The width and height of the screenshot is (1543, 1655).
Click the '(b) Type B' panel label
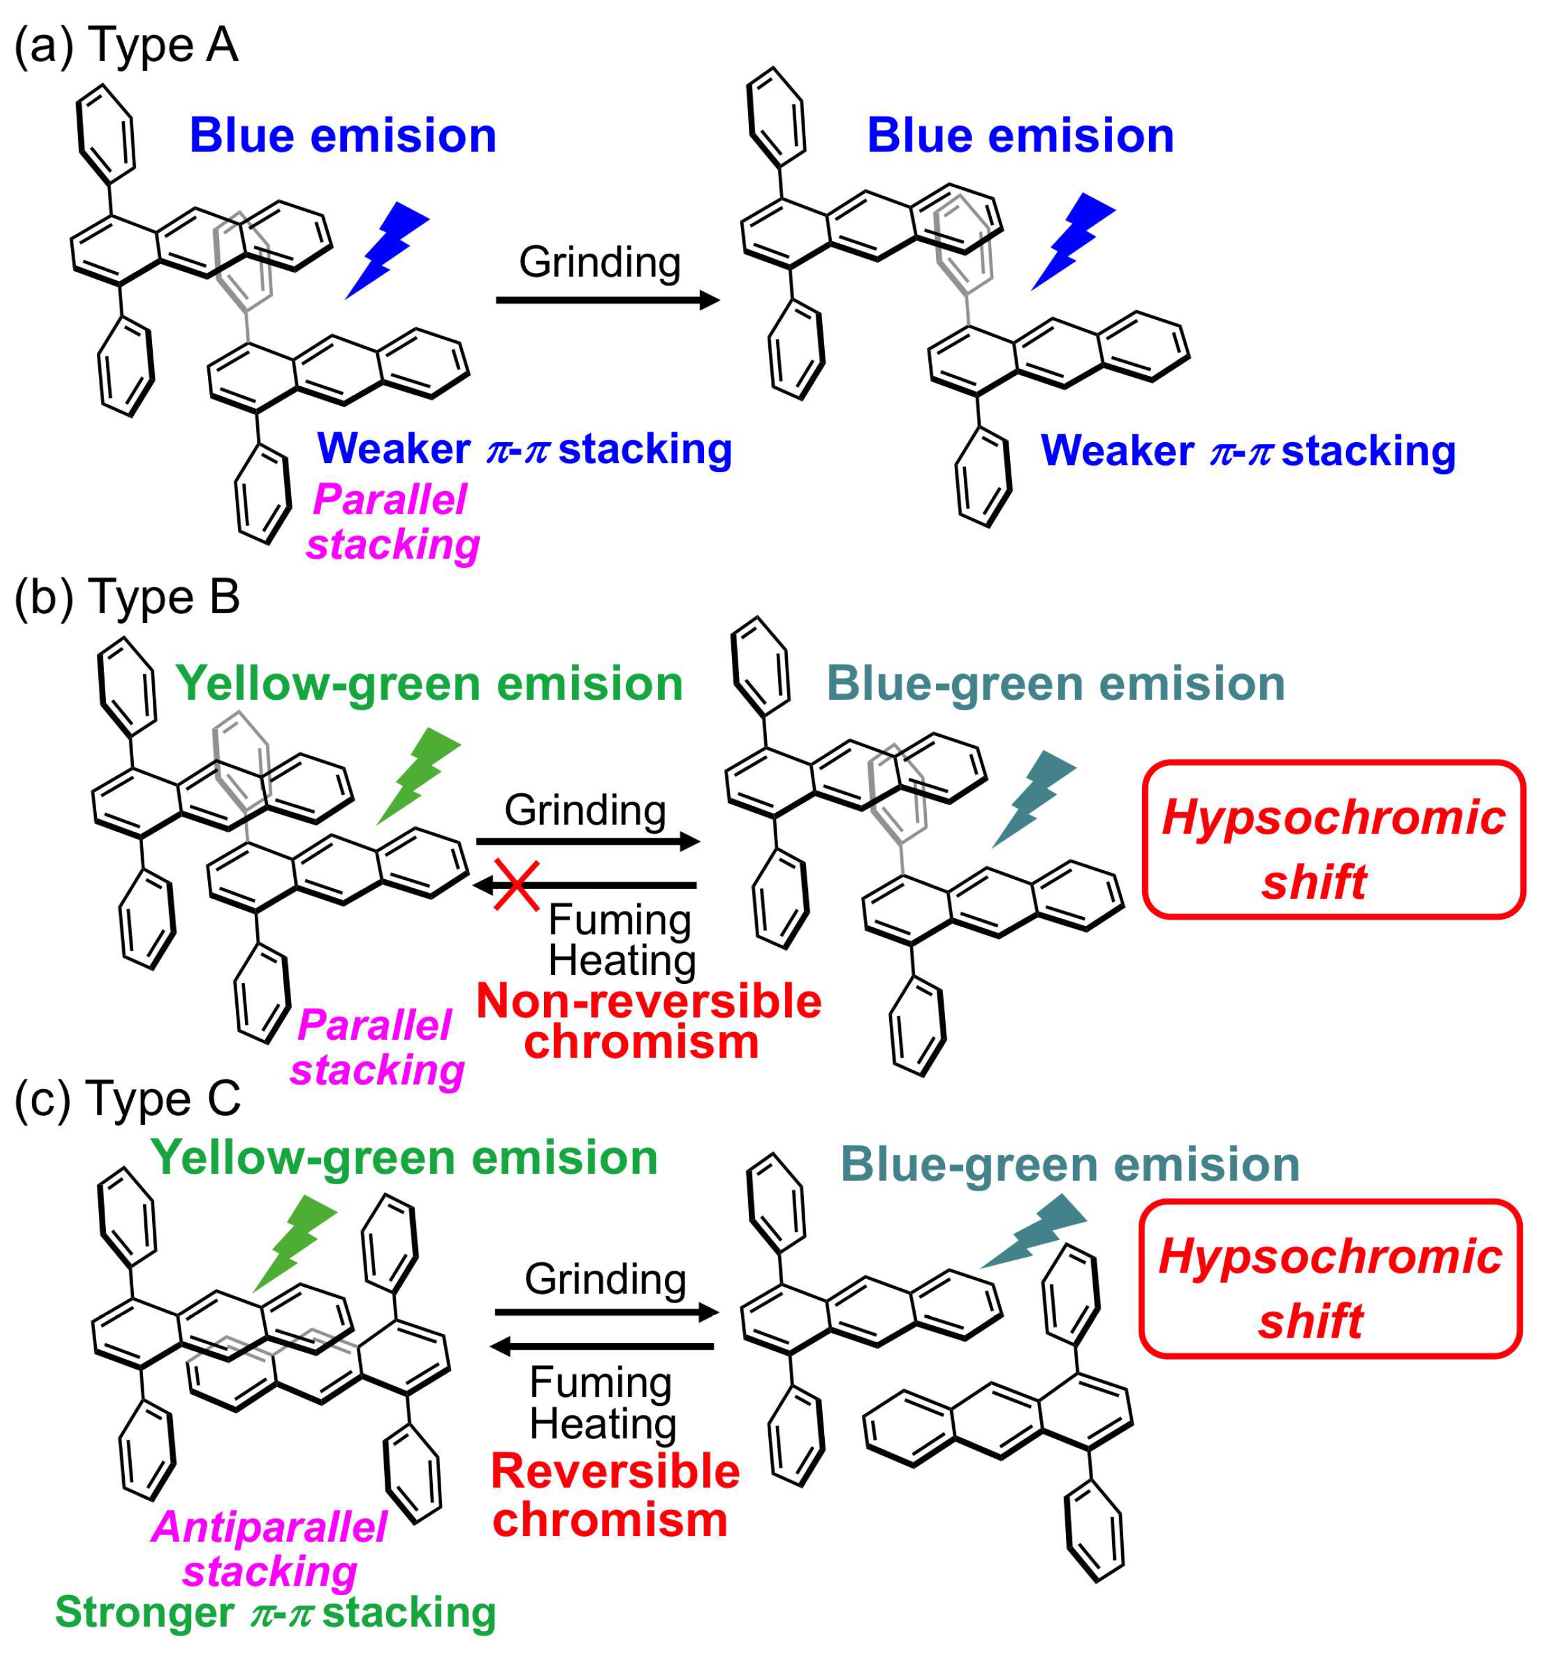127,597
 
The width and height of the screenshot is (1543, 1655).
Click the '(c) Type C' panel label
127,1098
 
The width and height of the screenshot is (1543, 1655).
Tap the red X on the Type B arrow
517,885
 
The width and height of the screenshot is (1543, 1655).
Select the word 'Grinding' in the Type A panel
599,262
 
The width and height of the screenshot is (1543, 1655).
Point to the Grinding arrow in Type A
608,300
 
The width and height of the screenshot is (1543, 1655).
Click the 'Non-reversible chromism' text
647,1022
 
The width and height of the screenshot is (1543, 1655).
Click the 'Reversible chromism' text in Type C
614,1496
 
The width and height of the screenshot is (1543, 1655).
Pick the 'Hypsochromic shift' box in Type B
1332,839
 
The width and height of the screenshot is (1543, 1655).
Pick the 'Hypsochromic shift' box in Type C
1329,1278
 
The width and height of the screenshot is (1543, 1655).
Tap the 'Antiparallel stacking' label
270,1549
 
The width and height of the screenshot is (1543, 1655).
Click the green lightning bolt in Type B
418,775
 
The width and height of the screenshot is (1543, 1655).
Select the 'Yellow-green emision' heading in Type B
428,684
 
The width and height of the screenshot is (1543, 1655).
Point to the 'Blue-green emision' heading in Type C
1069,1164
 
